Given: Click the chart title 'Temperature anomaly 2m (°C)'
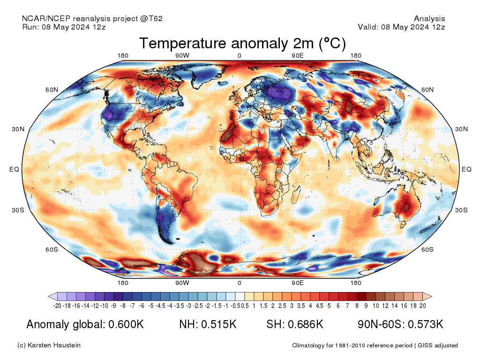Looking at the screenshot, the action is pos(242,43).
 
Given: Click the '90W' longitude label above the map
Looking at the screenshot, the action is pos(182,56).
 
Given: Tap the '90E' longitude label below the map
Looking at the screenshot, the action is pos(297,283).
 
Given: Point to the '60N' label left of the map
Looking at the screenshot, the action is pos(52,90).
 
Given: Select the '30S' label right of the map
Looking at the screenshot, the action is pos(461,210).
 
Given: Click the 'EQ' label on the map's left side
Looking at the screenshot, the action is pos(14,169).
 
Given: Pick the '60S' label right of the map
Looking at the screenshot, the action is pos(427,249).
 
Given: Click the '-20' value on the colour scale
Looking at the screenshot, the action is pos(57,306).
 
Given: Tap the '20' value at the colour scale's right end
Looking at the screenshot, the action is pos(423,306).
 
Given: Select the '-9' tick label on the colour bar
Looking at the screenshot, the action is pos(113,306).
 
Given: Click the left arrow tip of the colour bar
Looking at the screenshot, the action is pos(48,296).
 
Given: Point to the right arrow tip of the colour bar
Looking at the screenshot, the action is pos(432,296).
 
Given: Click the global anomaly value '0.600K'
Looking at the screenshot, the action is pos(126,324).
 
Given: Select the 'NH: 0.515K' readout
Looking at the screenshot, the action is pos(208,324).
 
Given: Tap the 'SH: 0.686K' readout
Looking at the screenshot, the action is pos(295,324).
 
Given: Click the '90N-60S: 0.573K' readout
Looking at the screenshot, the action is pos(400,324).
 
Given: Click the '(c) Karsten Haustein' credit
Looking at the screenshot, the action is pos(49,345).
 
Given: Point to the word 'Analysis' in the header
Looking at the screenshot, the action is pos(429,19).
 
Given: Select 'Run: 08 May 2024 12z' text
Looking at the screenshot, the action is pos(64,27).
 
